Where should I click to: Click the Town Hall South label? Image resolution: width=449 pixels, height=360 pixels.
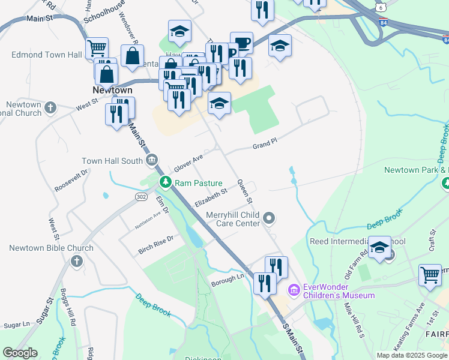(112, 161)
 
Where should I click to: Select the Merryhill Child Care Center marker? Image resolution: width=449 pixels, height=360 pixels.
(270, 218)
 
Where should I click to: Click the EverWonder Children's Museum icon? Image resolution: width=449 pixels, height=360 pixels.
(294, 290)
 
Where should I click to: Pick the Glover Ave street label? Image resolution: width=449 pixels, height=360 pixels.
(188, 161)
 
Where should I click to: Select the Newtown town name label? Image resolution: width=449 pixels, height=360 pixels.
(112, 90)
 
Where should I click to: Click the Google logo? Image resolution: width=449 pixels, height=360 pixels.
(20, 353)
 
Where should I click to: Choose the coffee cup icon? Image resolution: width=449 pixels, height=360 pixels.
(241, 43)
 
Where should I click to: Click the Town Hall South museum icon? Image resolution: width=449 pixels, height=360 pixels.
(152, 160)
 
